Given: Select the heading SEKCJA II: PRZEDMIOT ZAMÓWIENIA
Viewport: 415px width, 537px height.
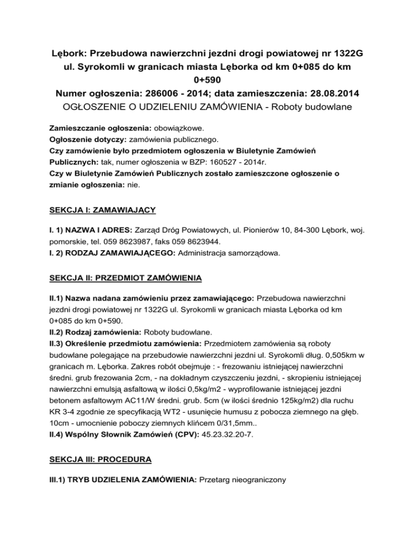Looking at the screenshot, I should click(x=126, y=278).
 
